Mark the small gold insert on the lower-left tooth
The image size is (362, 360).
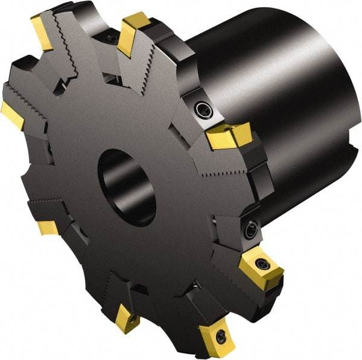point(47,228)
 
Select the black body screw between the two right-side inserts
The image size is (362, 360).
point(250,228)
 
